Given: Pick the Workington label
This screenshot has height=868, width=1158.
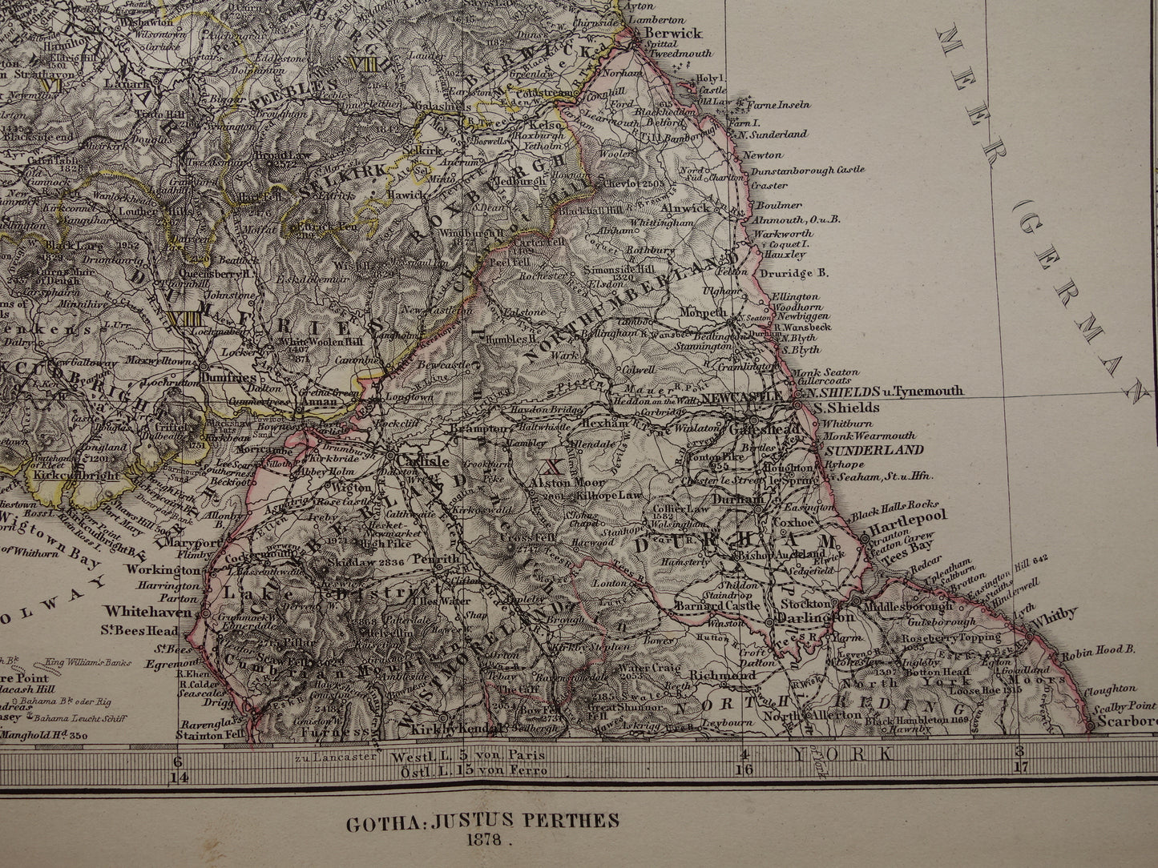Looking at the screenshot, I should (x=163, y=570).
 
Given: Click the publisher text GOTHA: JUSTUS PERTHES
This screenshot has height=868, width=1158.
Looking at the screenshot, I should (x=482, y=821).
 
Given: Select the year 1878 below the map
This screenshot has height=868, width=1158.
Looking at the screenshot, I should (x=482, y=841).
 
